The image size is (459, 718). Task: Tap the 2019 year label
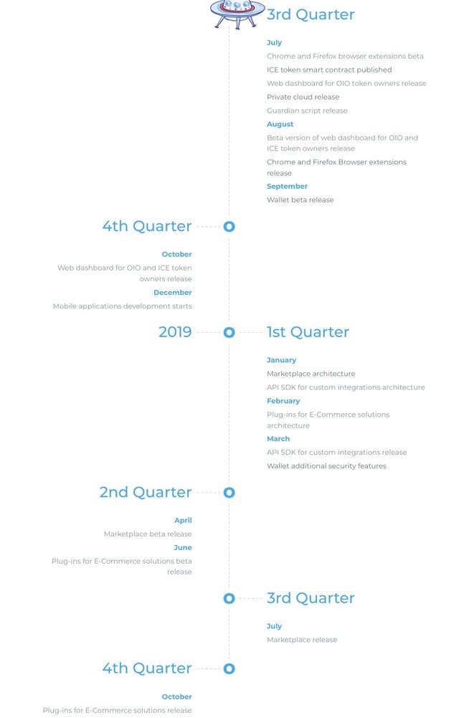[175, 332]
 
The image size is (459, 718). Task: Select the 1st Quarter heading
[308, 332]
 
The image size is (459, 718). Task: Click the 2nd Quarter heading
[146, 492]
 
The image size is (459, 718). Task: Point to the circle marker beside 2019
[229, 333]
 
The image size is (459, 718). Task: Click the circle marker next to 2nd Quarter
[229, 493]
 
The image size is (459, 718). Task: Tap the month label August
[280, 124]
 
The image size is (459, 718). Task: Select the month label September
[287, 186]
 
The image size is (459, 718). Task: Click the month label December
[173, 293]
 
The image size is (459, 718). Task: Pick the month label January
[281, 360]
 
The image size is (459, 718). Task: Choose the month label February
[283, 401]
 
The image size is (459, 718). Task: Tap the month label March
[278, 439]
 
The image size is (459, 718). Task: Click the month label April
[183, 521]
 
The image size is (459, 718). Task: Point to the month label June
[183, 548]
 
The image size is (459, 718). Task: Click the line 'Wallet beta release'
[300, 200]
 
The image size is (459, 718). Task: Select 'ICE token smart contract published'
[329, 70]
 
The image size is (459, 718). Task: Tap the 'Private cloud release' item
[303, 97]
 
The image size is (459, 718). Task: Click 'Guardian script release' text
[307, 110]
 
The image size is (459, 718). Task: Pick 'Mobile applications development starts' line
[123, 306]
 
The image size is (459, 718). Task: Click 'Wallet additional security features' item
[326, 466]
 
